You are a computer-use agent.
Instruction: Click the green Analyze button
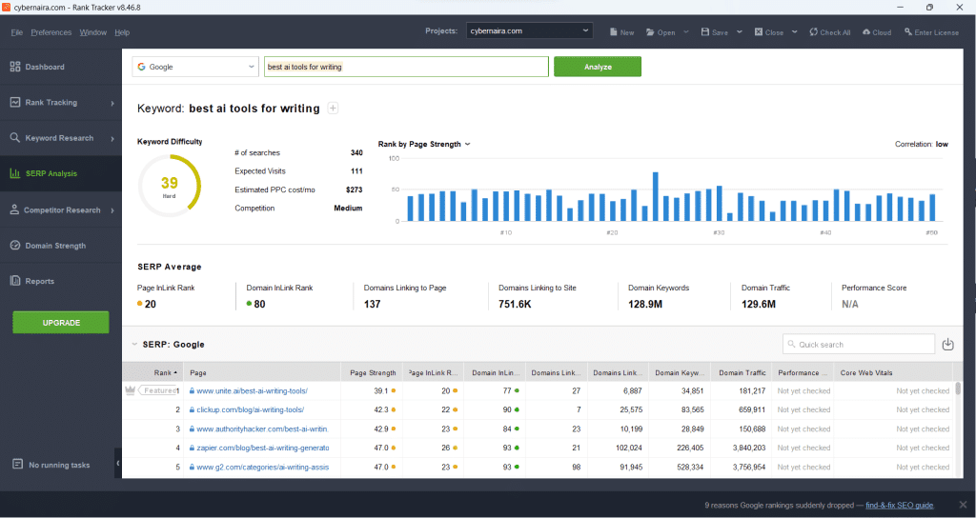click(x=597, y=67)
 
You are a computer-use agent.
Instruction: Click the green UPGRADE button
click(x=61, y=323)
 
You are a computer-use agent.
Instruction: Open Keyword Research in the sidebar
click(x=59, y=138)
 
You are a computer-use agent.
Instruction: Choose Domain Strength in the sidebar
click(x=54, y=246)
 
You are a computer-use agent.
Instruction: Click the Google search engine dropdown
click(x=195, y=67)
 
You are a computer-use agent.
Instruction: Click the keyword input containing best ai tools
click(x=405, y=67)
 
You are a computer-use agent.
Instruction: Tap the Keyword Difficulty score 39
click(x=169, y=183)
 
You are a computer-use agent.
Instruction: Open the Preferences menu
click(x=51, y=32)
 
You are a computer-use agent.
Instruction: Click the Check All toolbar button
click(x=829, y=32)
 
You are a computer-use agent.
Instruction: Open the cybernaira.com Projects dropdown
click(x=530, y=31)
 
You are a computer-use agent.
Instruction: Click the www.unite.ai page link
click(x=252, y=390)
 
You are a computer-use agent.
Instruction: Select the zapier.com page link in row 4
click(x=262, y=448)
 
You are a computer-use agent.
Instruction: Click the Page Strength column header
click(x=372, y=372)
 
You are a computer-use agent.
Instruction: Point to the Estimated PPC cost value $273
click(x=353, y=189)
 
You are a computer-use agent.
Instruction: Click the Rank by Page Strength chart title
click(x=419, y=144)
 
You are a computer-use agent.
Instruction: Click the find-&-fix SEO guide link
click(x=899, y=505)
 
